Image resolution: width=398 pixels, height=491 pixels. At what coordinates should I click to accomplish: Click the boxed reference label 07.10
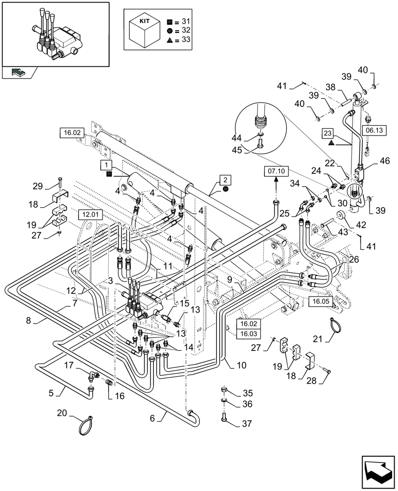pyautogui.click(x=276, y=171)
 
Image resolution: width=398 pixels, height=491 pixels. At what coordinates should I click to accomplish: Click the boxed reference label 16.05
pyautogui.click(x=321, y=300)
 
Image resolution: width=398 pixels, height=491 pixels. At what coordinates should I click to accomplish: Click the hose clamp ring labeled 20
pyautogui.click(x=86, y=426)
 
